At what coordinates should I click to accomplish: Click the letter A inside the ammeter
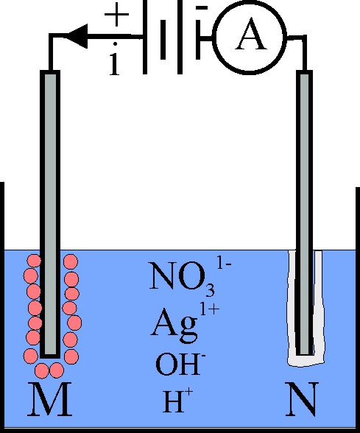(250, 34)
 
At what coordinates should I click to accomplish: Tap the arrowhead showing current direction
(77, 36)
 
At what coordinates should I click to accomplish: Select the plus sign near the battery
(116, 15)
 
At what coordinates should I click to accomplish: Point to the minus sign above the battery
(202, 7)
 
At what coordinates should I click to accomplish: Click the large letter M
(50, 399)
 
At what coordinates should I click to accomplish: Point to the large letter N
(303, 399)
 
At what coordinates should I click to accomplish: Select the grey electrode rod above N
(305, 213)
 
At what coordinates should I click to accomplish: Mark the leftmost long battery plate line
(145, 37)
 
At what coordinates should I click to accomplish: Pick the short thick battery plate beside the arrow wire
(163, 39)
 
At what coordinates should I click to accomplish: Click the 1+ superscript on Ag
(210, 310)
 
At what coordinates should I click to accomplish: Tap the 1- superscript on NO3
(224, 264)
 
